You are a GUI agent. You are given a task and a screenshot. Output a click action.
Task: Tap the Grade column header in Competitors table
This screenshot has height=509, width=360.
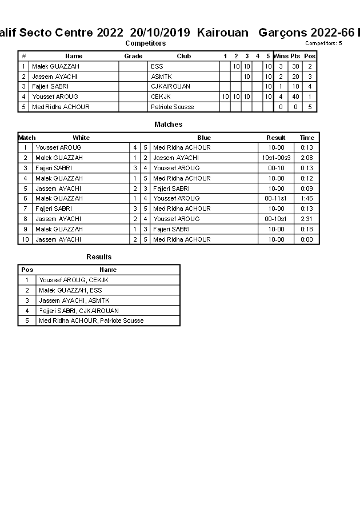pyautogui.click(x=133, y=56)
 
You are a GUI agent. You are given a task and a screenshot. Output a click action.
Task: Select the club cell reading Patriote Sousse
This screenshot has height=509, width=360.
pyautogui.click(x=172, y=107)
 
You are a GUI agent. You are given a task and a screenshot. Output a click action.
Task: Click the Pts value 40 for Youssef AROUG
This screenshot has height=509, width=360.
pyautogui.click(x=295, y=97)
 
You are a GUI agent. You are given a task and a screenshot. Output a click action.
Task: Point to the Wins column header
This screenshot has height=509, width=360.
pyautogui.click(x=281, y=56)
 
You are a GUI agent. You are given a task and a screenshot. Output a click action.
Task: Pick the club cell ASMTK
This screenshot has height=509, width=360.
pyautogui.click(x=161, y=77)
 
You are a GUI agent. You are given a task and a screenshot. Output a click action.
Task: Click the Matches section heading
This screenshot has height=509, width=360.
pyautogui.click(x=168, y=125)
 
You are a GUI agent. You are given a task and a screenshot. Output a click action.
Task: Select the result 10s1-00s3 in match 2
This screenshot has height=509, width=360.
pyautogui.click(x=276, y=158)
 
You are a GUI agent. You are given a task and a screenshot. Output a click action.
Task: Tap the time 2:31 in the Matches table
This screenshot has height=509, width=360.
pyautogui.click(x=307, y=219)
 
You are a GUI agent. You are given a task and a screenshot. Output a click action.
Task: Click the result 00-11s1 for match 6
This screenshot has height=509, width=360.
pyautogui.click(x=276, y=198)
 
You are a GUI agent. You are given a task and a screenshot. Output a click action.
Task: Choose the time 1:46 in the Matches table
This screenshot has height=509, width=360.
pyautogui.click(x=307, y=198)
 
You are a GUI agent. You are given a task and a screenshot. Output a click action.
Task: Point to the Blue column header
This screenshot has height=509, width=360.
pyautogui.click(x=204, y=138)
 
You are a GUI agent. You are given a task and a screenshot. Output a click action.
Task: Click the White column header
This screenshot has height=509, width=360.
pyautogui.click(x=81, y=138)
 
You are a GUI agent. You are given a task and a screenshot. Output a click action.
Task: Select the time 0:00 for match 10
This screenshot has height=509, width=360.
pyautogui.click(x=307, y=239)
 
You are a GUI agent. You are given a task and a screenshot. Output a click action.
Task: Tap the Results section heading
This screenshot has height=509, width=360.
pyautogui.click(x=99, y=257)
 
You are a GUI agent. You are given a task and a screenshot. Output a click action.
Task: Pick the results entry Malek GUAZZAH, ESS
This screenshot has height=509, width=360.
pyautogui.click(x=70, y=290)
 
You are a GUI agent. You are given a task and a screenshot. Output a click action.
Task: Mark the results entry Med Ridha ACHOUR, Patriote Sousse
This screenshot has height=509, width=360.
pyautogui.click(x=91, y=320)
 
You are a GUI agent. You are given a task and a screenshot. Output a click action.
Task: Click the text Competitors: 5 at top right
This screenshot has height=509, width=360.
pyautogui.click(x=323, y=43)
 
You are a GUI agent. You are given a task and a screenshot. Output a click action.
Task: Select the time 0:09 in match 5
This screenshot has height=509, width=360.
pyautogui.click(x=307, y=189)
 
